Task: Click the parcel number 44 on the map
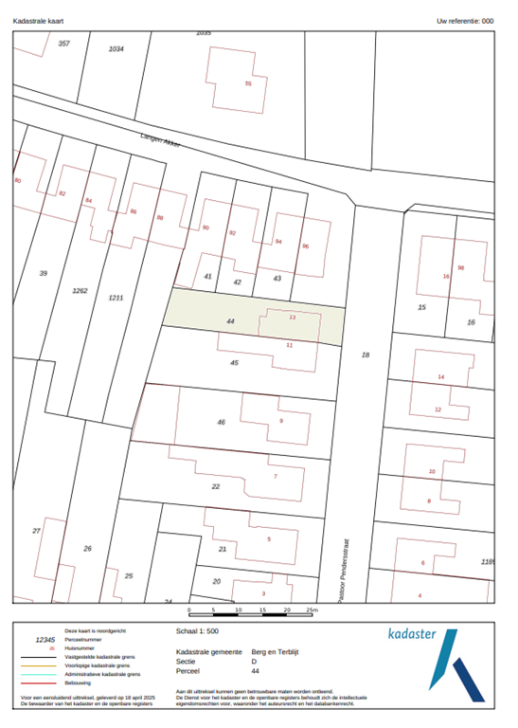point(230,321)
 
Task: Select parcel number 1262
point(80,290)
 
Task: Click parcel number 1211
point(115,298)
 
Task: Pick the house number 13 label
point(292,318)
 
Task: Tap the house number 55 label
point(248,83)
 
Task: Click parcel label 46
point(221,422)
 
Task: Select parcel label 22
point(215,486)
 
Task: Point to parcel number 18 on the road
point(365,354)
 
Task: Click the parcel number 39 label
point(43,273)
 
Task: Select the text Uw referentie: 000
point(465,20)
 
